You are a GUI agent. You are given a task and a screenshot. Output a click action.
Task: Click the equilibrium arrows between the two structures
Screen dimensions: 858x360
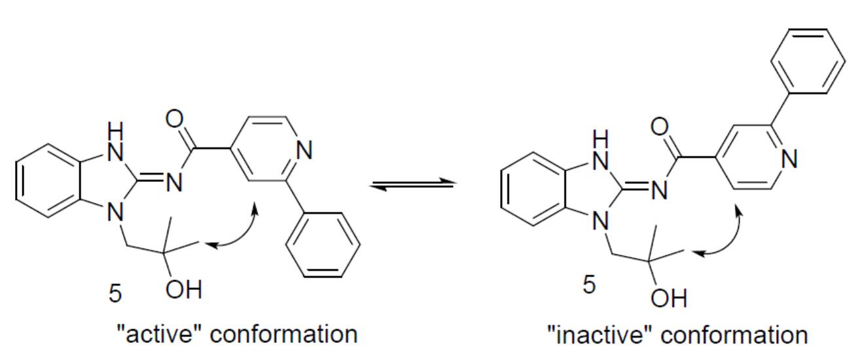[413, 184]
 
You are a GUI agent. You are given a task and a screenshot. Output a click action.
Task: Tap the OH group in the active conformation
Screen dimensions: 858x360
[183, 289]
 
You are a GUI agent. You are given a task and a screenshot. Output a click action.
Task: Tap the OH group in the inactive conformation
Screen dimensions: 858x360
[669, 298]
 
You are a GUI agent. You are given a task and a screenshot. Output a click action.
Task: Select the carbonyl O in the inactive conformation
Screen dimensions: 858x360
[660, 127]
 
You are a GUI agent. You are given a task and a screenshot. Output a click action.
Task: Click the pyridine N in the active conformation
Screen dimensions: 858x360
[304, 150]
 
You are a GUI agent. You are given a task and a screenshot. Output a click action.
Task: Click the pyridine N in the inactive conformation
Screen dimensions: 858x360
[789, 159]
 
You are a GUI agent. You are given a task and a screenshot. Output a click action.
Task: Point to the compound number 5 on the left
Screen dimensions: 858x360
[115, 294]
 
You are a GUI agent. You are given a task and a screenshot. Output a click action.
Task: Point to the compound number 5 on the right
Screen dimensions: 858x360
[589, 285]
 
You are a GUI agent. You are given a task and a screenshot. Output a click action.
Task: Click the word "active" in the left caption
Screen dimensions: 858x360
[160, 334]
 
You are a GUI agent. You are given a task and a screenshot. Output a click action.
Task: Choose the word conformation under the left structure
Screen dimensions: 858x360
[284, 334]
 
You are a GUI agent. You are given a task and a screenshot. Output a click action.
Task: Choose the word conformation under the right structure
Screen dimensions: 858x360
[734, 335]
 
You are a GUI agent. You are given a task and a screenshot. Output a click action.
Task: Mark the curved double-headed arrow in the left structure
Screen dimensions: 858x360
[245, 234]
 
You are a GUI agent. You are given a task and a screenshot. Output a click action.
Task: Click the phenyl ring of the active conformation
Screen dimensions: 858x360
[323, 244]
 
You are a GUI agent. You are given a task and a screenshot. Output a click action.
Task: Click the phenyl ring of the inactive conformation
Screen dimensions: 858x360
[808, 61]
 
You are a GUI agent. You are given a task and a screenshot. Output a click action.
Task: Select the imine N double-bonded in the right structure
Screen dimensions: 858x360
[659, 190]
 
